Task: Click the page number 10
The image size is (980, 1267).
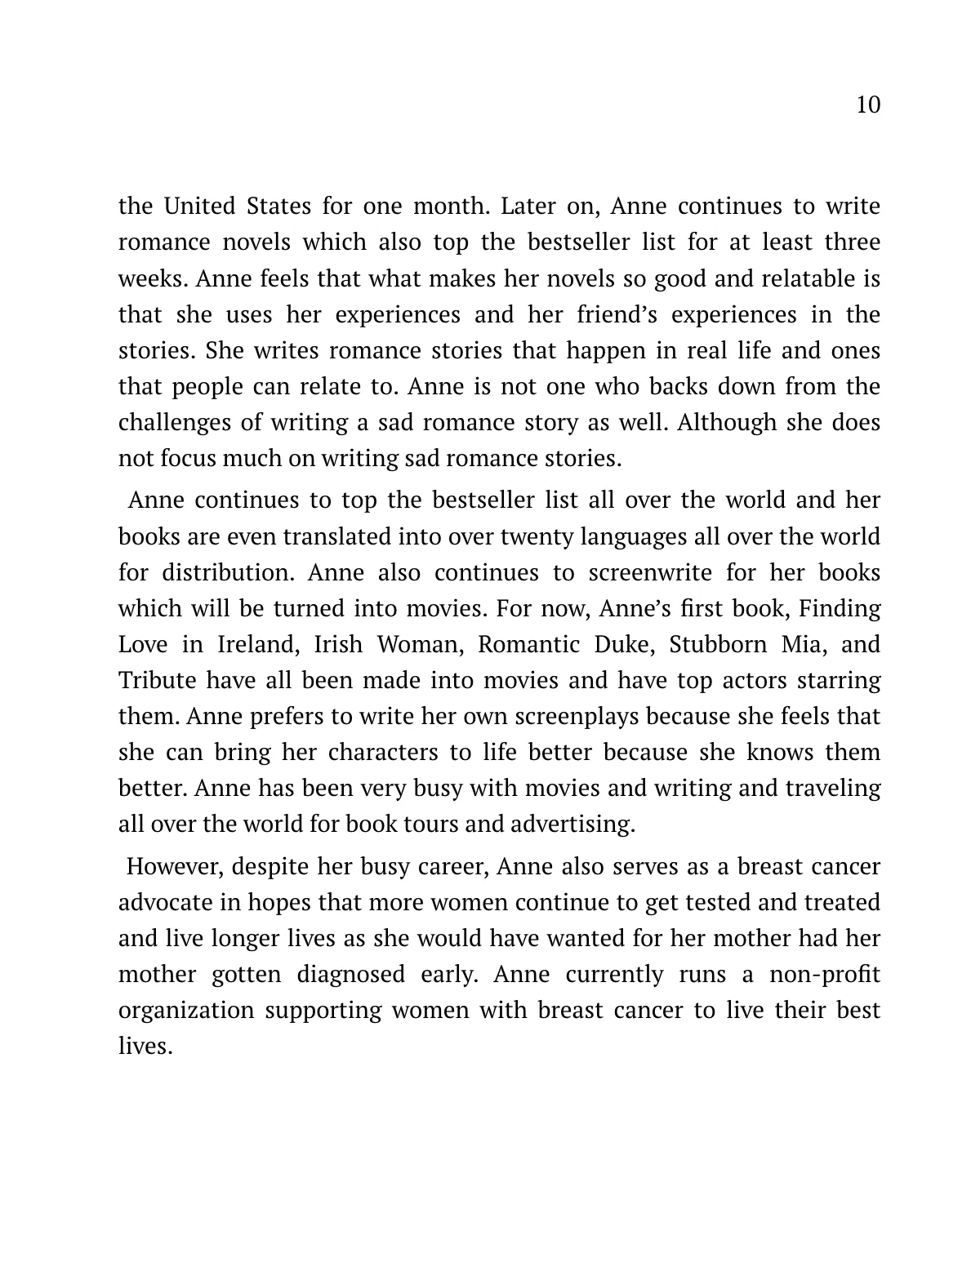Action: pos(868,105)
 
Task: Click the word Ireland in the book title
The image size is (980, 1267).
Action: pos(253,644)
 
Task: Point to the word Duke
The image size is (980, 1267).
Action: pos(626,644)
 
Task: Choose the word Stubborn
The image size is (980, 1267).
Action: pos(718,644)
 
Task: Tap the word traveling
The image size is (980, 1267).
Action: pos(832,789)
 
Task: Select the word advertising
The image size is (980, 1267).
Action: pos(572,825)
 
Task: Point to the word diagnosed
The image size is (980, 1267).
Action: pos(350,975)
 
